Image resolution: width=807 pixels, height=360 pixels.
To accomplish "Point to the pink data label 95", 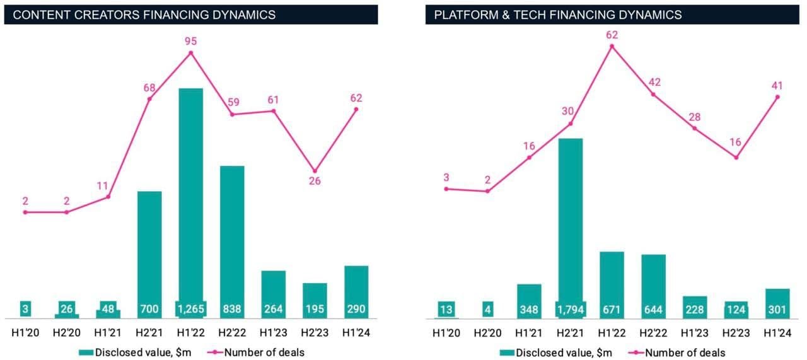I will point(190,42).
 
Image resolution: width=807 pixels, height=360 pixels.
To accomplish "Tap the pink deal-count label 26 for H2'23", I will point(315,181).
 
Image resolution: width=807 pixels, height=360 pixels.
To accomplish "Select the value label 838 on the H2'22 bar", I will point(232,310).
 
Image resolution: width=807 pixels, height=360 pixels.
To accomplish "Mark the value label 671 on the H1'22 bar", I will point(612,310).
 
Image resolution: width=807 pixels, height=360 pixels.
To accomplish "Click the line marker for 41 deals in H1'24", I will point(777,97).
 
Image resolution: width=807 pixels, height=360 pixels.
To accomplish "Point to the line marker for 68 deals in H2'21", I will point(149,98).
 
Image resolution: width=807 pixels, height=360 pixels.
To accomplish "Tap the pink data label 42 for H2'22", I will point(653,82).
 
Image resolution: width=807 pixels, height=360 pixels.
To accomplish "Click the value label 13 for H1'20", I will point(446,310).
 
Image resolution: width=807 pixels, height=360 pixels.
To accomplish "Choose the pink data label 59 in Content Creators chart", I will point(232,102).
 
